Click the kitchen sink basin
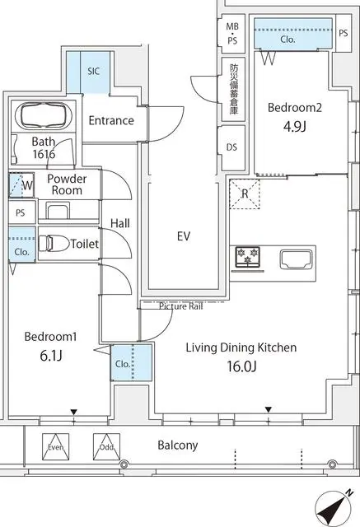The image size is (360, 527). (296, 259)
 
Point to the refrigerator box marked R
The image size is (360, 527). (245, 194)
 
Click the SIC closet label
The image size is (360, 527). (94, 72)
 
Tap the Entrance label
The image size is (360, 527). (111, 121)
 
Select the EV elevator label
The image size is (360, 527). (184, 236)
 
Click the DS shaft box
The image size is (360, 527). (231, 147)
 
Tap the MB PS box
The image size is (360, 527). (232, 33)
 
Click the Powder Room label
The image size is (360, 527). (67, 184)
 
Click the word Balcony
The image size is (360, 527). (177, 445)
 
